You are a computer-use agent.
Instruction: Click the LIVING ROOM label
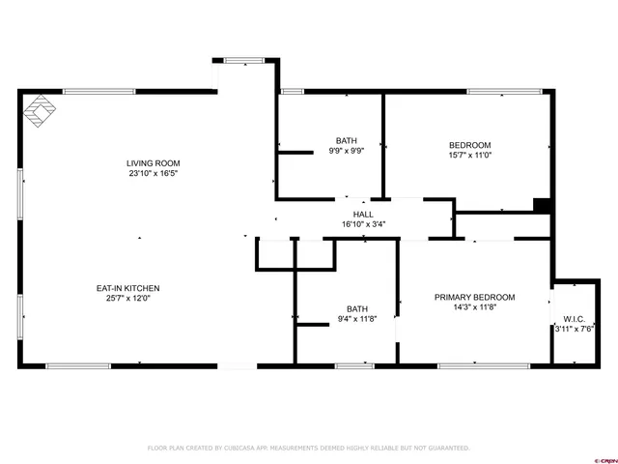click(x=154, y=163)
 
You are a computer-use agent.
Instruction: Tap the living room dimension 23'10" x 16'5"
click(x=154, y=175)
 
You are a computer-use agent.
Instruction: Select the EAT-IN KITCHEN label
click(x=127, y=288)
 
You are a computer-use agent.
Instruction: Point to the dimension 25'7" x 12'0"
click(x=127, y=299)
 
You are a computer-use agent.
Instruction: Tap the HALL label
click(x=363, y=215)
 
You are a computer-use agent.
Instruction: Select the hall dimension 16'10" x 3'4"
click(x=363, y=225)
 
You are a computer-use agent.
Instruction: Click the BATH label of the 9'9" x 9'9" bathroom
click(x=346, y=140)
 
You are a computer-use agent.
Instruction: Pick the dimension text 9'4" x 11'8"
click(x=357, y=319)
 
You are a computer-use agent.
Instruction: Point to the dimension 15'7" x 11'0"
click(x=470, y=154)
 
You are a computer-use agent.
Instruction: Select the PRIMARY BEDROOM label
click(x=474, y=298)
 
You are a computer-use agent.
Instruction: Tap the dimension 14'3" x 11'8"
click(x=474, y=308)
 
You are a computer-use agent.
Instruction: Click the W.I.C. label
click(x=574, y=318)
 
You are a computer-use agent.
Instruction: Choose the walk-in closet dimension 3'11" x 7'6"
click(x=574, y=329)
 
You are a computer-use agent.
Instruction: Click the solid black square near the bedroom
click(x=543, y=204)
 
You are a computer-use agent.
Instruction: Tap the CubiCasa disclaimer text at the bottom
click(x=308, y=448)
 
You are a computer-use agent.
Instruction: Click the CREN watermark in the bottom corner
click(x=604, y=458)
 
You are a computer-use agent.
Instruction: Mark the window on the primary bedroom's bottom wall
click(x=483, y=365)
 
